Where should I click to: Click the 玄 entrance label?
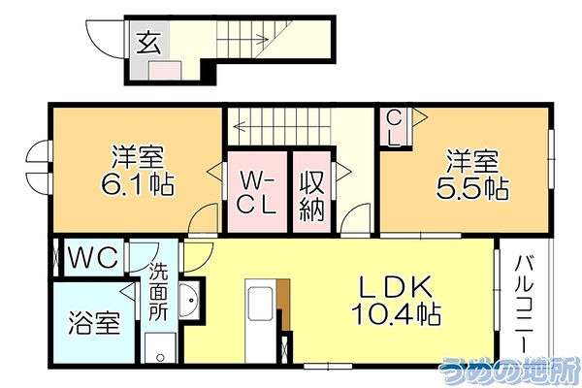[x=149, y=43]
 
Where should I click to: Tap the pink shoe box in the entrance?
[x=165, y=71]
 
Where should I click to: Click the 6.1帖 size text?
[x=138, y=184]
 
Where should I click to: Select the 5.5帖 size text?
[x=472, y=188]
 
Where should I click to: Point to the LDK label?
[x=396, y=287]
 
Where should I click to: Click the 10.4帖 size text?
[x=396, y=313]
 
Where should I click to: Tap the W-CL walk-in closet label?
[x=257, y=192]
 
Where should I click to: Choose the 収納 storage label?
[x=312, y=196]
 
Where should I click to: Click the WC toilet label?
[x=94, y=257]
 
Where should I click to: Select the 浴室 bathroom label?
[x=94, y=323]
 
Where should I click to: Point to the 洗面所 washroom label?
[x=158, y=293]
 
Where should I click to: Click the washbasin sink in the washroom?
[x=190, y=300]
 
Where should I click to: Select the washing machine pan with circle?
[x=160, y=348]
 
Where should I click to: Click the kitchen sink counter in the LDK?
[x=261, y=321]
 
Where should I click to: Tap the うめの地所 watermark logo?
[x=509, y=370]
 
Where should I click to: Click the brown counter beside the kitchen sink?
[x=284, y=304]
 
